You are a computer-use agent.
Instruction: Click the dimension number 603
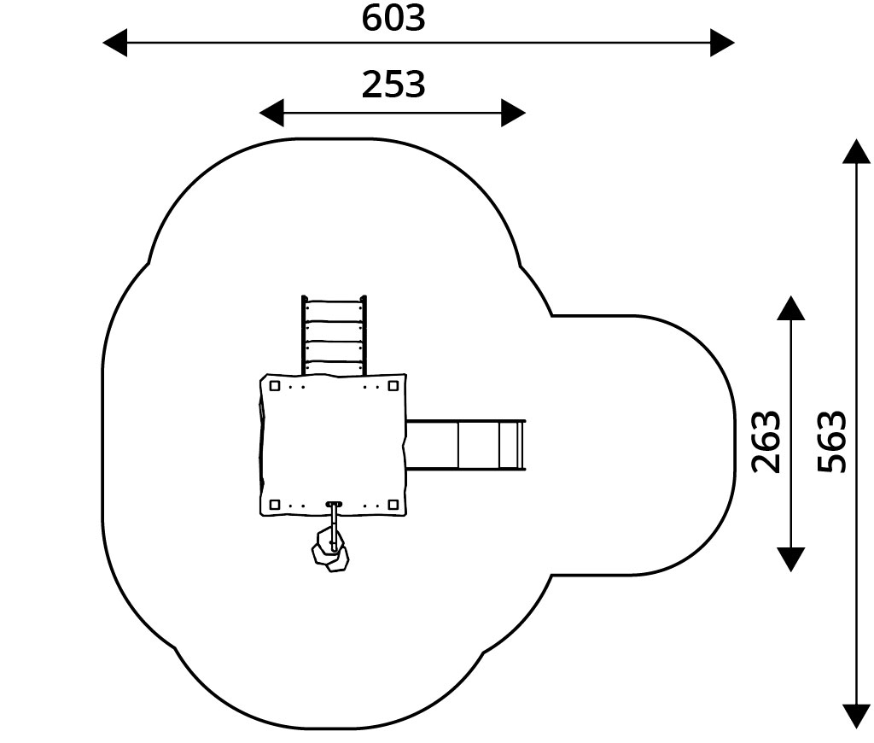tap(393, 18)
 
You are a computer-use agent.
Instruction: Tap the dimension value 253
tap(393, 85)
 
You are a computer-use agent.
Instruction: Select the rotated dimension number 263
tap(766, 442)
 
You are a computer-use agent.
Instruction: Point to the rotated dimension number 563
tap(832, 442)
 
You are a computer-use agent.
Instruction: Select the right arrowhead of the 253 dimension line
tap(513, 113)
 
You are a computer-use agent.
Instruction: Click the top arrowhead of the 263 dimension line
tap(791, 308)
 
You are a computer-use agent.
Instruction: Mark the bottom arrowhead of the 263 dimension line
tap(791, 559)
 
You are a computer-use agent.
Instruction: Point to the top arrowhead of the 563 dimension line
tap(856, 151)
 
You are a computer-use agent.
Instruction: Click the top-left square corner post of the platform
tap(275, 386)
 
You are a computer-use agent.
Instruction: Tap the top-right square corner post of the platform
tap(393, 386)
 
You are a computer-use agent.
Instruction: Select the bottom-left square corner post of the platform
tap(275, 505)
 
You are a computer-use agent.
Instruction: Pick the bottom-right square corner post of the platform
tap(393, 505)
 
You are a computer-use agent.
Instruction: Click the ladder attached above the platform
tap(334, 336)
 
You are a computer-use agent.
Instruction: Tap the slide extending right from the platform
tap(465, 445)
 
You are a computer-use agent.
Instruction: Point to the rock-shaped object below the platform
tap(330, 552)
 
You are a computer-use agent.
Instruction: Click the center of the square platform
tap(333, 445)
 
